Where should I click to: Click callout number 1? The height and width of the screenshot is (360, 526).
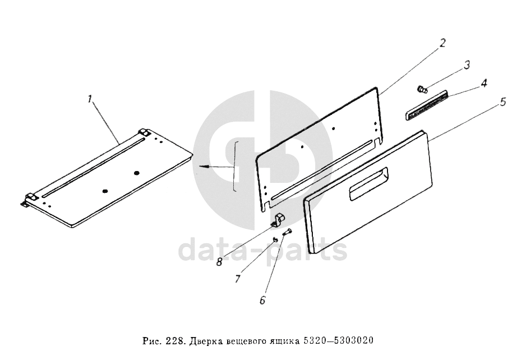tap(90, 100)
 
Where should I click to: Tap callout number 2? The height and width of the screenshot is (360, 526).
tap(443, 43)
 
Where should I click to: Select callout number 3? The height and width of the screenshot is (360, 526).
tap(467, 64)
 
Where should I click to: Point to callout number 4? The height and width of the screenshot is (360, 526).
tap(484, 83)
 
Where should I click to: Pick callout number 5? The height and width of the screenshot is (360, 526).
tap(502, 101)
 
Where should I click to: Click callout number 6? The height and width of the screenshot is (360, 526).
tap(262, 299)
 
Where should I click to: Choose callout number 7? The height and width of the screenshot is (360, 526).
tap(238, 279)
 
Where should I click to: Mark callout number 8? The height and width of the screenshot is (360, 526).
tap(219, 262)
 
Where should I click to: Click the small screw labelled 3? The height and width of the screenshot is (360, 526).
tap(422, 89)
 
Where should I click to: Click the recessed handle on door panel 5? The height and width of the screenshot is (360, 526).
tap(368, 184)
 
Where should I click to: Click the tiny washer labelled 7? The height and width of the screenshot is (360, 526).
tap(275, 239)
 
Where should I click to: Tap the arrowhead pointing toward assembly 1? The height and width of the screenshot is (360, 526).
tap(203, 166)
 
